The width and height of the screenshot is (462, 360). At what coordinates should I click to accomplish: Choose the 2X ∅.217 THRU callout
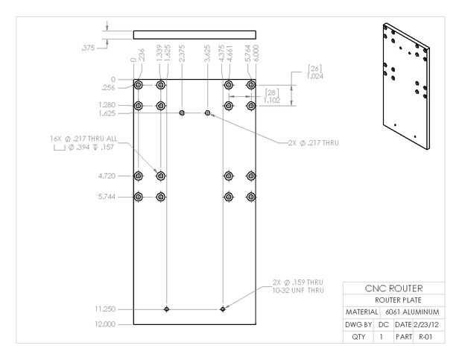312,143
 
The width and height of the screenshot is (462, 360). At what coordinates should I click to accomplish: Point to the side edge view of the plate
194,34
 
